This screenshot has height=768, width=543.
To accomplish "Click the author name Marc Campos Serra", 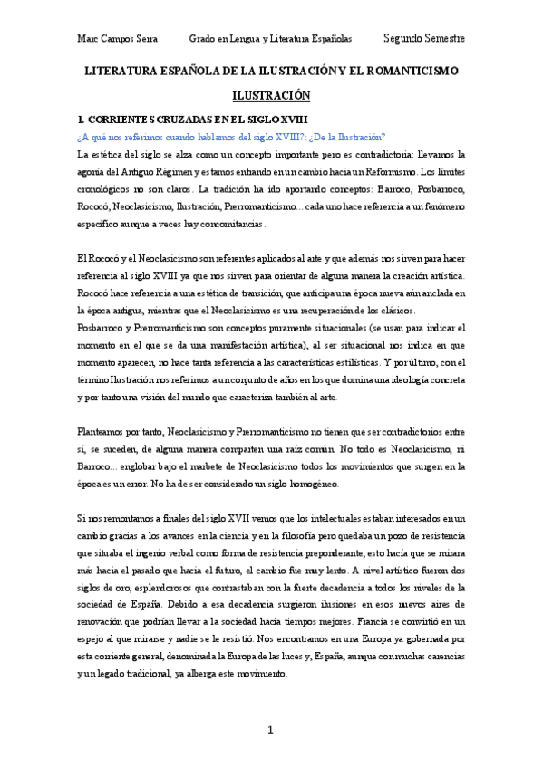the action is tap(116, 39).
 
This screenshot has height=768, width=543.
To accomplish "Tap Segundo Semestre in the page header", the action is tap(424, 39).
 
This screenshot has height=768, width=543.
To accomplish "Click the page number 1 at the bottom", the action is tap(271, 731).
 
